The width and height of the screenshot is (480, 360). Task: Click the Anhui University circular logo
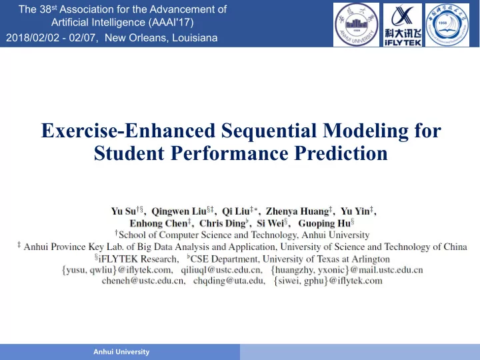click(x=356, y=25)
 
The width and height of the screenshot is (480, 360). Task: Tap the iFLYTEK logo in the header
click(x=403, y=25)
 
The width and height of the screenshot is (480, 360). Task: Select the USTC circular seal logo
click(x=447, y=25)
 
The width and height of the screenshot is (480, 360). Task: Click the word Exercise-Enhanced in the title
click(x=128, y=131)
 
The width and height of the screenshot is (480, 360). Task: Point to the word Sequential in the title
click(x=269, y=131)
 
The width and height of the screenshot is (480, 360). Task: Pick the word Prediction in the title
click(x=341, y=153)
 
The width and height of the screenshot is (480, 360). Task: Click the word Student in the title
click(x=129, y=153)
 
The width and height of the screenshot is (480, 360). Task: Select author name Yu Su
click(x=123, y=211)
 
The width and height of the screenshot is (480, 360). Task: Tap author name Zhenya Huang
click(x=297, y=211)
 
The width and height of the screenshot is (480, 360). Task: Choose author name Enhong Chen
click(x=159, y=223)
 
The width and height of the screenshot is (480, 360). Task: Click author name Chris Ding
click(x=223, y=223)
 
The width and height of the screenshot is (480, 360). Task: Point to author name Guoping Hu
click(x=324, y=223)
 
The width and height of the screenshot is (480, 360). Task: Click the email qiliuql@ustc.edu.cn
click(x=221, y=270)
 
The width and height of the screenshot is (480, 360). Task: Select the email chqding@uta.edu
click(x=229, y=281)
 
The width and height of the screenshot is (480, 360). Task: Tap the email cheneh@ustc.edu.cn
click(x=143, y=281)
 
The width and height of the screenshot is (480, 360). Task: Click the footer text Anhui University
click(x=121, y=352)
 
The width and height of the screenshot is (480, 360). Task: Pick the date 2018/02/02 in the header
click(x=33, y=38)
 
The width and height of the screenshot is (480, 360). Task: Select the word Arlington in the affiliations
click(x=371, y=259)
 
